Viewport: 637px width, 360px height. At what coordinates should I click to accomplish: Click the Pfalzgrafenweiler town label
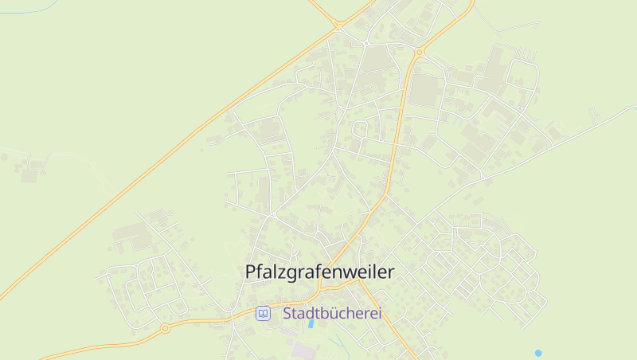click(320, 272)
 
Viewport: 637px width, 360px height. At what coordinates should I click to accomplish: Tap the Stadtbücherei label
click(332, 314)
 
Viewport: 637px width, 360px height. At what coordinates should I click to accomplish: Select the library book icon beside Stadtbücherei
click(263, 314)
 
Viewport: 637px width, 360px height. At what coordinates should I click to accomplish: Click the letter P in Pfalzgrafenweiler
click(251, 272)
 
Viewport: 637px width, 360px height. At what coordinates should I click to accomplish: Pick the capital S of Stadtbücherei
click(287, 314)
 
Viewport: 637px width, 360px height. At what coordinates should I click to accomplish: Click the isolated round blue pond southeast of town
click(538, 352)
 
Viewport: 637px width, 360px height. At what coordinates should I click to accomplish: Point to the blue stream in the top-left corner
click(24, 12)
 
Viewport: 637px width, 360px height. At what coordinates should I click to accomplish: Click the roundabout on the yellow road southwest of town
click(165, 327)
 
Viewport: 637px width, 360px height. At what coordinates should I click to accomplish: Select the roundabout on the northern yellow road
click(419, 53)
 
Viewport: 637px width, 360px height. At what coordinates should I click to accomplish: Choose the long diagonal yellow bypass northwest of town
click(159, 159)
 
